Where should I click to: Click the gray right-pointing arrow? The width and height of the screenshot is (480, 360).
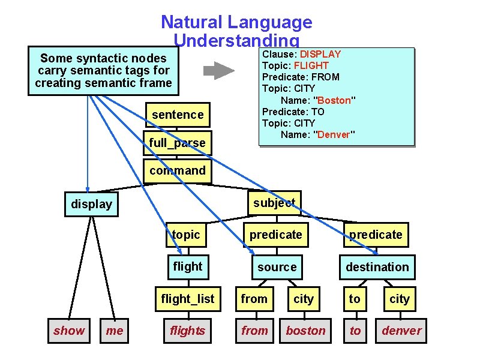pos(218,71)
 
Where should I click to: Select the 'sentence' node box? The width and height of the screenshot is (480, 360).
pos(178,115)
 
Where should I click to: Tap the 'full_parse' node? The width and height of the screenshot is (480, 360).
pos(178,143)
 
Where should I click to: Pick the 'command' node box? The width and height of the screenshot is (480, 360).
pos(178,170)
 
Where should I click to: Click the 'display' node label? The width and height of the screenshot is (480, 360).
pos(91,204)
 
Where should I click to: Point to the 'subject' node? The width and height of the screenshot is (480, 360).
pos(274,203)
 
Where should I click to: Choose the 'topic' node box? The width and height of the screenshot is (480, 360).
pos(185,235)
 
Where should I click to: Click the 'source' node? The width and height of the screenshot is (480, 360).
pos(277,267)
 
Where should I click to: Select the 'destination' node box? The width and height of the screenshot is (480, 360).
pos(377,267)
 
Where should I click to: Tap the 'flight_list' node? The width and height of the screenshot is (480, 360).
pos(187,299)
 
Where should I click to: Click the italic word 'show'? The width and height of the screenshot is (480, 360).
pos(69,331)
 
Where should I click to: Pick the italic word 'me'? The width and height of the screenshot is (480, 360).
pos(114,331)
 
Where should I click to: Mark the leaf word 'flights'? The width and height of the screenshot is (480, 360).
pos(187,331)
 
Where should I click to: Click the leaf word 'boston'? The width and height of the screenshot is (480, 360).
pos(305,331)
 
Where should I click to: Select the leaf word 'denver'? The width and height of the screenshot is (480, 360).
pos(401,331)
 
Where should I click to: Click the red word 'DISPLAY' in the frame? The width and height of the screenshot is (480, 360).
pos(320,55)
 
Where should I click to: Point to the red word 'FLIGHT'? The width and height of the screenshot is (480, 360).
pos(316,65)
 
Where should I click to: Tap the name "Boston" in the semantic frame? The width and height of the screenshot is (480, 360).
pos(334,100)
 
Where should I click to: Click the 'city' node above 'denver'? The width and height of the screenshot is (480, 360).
pos(399,299)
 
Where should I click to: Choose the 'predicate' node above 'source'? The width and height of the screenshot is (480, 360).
pos(276,235)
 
